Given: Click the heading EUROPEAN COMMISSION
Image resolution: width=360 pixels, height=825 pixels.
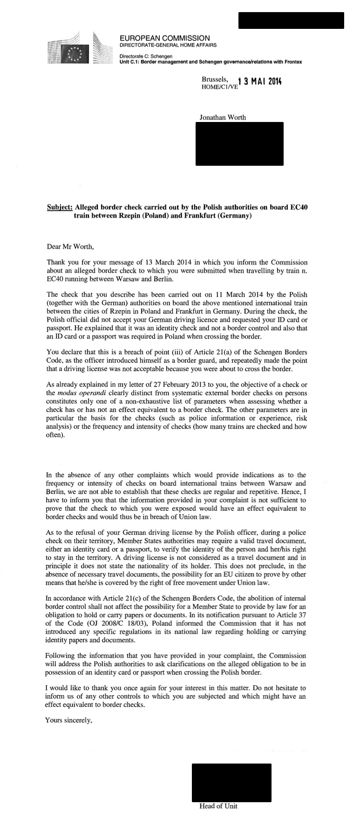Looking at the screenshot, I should pyautogui.click(x=164, y=38).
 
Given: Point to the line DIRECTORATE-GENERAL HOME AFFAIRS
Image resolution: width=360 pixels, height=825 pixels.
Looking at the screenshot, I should pyautogui.click(x=168, y=45).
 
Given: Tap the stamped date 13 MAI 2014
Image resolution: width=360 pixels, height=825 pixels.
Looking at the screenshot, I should pyautogui.click(x=259, y=81).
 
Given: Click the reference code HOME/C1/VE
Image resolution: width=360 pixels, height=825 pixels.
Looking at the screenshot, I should pyautogui.click(x=219, y=87).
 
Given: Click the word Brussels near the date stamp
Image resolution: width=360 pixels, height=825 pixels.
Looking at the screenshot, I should pyautogui.click(x=215, y=79).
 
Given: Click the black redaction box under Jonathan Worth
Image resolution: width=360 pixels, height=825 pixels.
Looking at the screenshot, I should pyautogui.click(x=239, y=143).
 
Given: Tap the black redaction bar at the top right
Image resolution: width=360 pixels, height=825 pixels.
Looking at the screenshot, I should pyautogui.click(x=291, y=20).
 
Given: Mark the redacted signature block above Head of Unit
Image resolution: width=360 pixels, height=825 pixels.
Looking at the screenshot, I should pyautogui.click(x=231, y=782).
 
